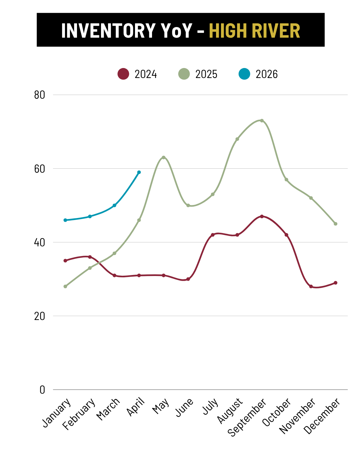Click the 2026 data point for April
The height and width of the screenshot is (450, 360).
click(x=139, y=172)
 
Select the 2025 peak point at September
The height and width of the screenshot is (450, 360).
click(x=262, y=121)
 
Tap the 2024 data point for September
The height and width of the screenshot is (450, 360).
click(x=262, y=216)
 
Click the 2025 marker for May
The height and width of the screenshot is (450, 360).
click(x=164, y=157)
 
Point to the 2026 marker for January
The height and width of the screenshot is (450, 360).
click(x=65, y=220)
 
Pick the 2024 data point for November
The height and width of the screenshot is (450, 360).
click(x=311, y=286)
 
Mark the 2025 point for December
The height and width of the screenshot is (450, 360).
click(x=336, y=224)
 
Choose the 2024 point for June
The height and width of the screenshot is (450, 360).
click(x=188, y=279)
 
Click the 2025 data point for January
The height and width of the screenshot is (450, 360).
click(x=65, y=286)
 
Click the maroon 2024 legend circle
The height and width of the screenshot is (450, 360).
click(x=123, y=74)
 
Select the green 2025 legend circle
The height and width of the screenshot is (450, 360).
click(x=184, y=74)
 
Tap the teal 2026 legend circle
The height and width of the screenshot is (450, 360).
click(x=244, y=74)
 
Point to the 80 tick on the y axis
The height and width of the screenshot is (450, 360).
click(x=40, y=95)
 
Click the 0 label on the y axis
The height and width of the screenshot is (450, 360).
click(x=42, y=390)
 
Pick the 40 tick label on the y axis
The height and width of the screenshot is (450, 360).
click(x=40, y=242)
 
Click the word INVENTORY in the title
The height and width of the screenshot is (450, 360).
click(x=108, y=31)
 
